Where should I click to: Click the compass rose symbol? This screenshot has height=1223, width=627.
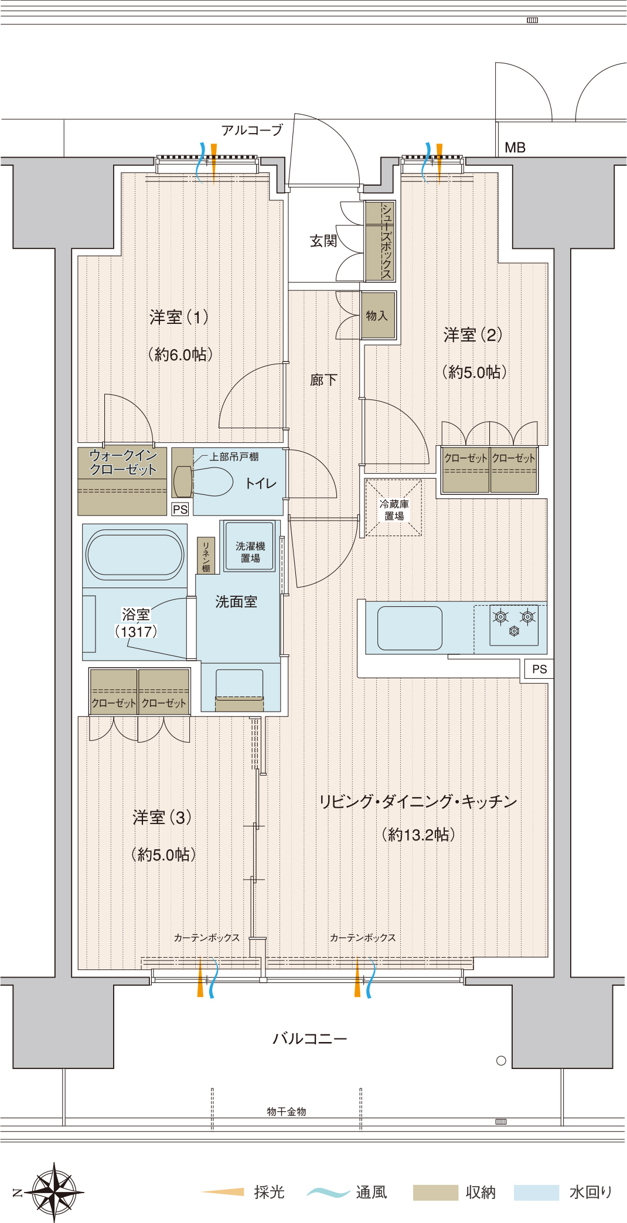point(54,1191)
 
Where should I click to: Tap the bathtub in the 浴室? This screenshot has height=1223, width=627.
point(135,554)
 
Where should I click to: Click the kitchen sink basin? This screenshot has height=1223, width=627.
point(410,628)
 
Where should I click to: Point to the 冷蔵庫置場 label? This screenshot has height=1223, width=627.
point(394,510)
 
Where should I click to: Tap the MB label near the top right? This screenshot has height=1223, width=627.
point(515,148)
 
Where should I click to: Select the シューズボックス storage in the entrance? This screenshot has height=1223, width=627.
point(380,241)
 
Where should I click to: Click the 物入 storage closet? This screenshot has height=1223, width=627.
point(378,316)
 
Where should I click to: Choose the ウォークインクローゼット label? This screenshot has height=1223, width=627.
point(123,462)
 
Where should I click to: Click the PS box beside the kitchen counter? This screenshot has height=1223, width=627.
point(539,669)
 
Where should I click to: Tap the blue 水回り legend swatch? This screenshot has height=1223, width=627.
point(536,1193)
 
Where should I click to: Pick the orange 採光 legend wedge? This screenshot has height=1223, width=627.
point(223,1191)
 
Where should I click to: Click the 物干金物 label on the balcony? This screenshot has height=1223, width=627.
point(287,1111)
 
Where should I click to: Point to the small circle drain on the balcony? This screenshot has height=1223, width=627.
point(501,1060)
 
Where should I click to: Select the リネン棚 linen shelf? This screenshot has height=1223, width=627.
point(206,555)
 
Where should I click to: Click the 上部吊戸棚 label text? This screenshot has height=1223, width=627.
point(234,456)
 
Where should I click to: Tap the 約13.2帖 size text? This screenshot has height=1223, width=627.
point(418,835)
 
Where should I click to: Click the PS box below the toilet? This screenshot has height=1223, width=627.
point(180,509)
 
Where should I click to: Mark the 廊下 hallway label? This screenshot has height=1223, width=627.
point(323,380)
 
